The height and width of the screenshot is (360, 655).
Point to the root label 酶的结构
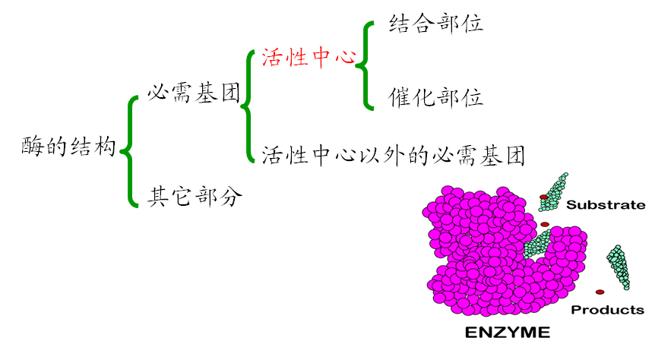pos(68,147)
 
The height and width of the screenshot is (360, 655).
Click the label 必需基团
pos(193,94)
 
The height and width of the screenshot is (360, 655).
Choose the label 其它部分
pos(195,197)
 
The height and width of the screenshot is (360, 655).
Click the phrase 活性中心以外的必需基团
pos(393,156)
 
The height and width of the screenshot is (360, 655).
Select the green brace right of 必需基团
pos(248,106)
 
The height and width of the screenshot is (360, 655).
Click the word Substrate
pos(606,204)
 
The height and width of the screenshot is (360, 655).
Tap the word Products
pos(607,310)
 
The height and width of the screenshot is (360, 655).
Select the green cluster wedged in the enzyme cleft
pos(538,243)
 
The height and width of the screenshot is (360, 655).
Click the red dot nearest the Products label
pos(600,292)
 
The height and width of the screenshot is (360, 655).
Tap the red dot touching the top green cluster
pos(543,197)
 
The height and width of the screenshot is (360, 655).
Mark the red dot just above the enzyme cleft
pos(545,224)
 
